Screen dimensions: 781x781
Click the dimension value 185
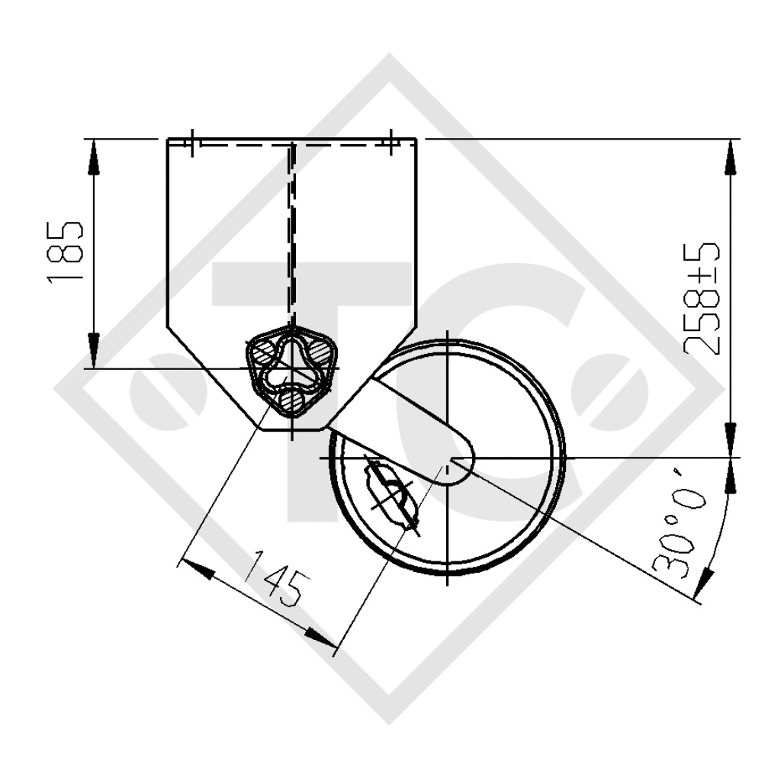pyautogui.click(x=64, y=254)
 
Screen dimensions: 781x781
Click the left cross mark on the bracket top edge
pyautogui.click(x=192, y=140)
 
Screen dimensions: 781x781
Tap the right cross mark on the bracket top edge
pyautogui.click(x=390, y=140)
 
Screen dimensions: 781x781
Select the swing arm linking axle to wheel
pyautogui.click(x=404, y=416)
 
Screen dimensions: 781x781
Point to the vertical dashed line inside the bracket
pyautogui.click(x=291, y=229)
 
